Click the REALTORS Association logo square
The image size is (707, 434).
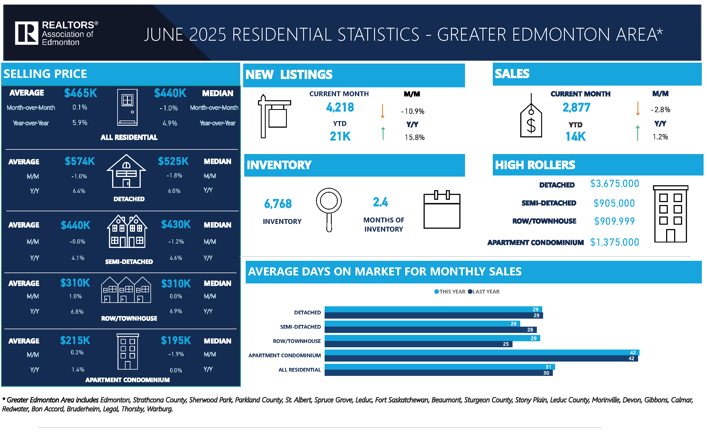(x=26, y=33)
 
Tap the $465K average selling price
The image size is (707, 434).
(x=81, y=93)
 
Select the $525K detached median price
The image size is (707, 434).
(x=173, y=161)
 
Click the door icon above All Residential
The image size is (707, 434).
(x=127, y=107)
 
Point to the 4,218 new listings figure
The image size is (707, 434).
(x=340, y=107)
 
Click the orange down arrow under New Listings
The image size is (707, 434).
(x=382, y=111)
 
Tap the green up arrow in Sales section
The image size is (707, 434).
(x=638, y=133)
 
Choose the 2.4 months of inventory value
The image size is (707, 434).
(x=380, y=202)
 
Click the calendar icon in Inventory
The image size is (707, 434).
(x=442, y=210)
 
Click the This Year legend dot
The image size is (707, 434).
(x=437, y=291)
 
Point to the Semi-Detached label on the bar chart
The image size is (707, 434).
(x=300, y=327)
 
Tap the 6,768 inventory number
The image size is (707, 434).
(x=278, y=204)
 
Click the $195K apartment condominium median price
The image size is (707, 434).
(x=176, y=341)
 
